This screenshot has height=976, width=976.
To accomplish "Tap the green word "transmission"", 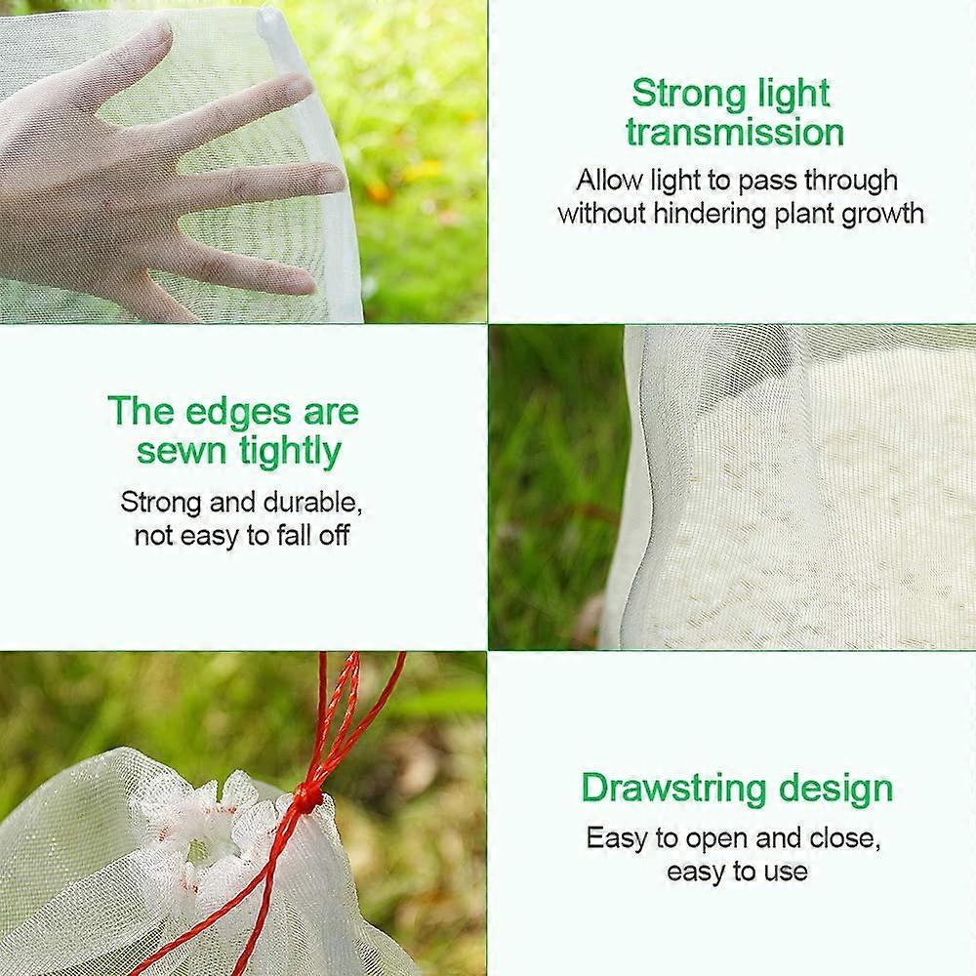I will pos(735,133).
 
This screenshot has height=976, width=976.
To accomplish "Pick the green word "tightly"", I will pos(290,452).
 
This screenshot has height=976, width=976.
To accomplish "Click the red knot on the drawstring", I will pos(307,798).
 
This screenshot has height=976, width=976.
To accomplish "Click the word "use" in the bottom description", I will pos(786,870).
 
